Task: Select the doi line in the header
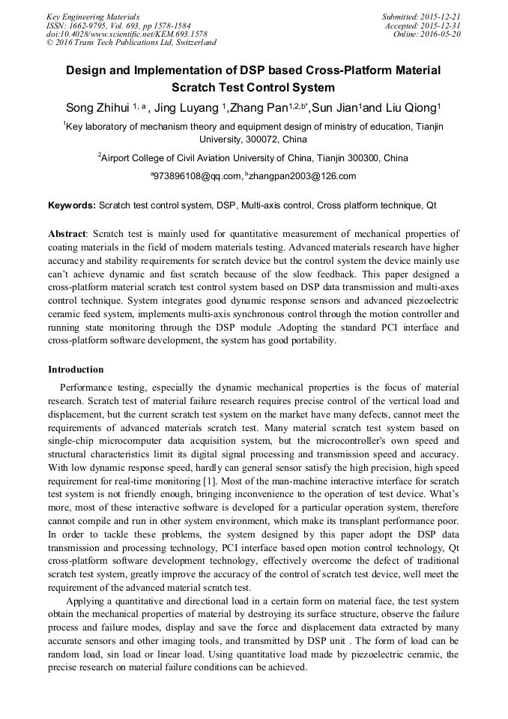(x=127, y=34)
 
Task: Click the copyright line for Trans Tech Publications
(x=131, y=43)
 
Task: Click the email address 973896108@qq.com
(x=198, y=177)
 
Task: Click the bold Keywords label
(x=72, y=205)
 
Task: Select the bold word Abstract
(x=67, y=234)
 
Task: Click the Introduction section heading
(x=76, y=370)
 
